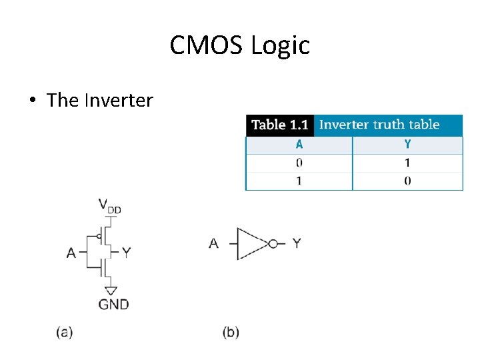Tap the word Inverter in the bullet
point(118,101)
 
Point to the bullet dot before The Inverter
point(32,101)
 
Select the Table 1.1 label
point(279,125)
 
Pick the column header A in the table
point(299,145)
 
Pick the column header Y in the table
point(407,145)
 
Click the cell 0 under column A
point(299,163)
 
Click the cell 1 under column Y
point(407,163)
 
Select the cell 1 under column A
point(299,181)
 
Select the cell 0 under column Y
point(407,181)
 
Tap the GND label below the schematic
point(113,305)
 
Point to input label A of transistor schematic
point(71,253)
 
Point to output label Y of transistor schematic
point(127,252)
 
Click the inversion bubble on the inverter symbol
point(273,244)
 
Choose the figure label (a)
point(64,332)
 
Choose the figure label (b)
point(231,332)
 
